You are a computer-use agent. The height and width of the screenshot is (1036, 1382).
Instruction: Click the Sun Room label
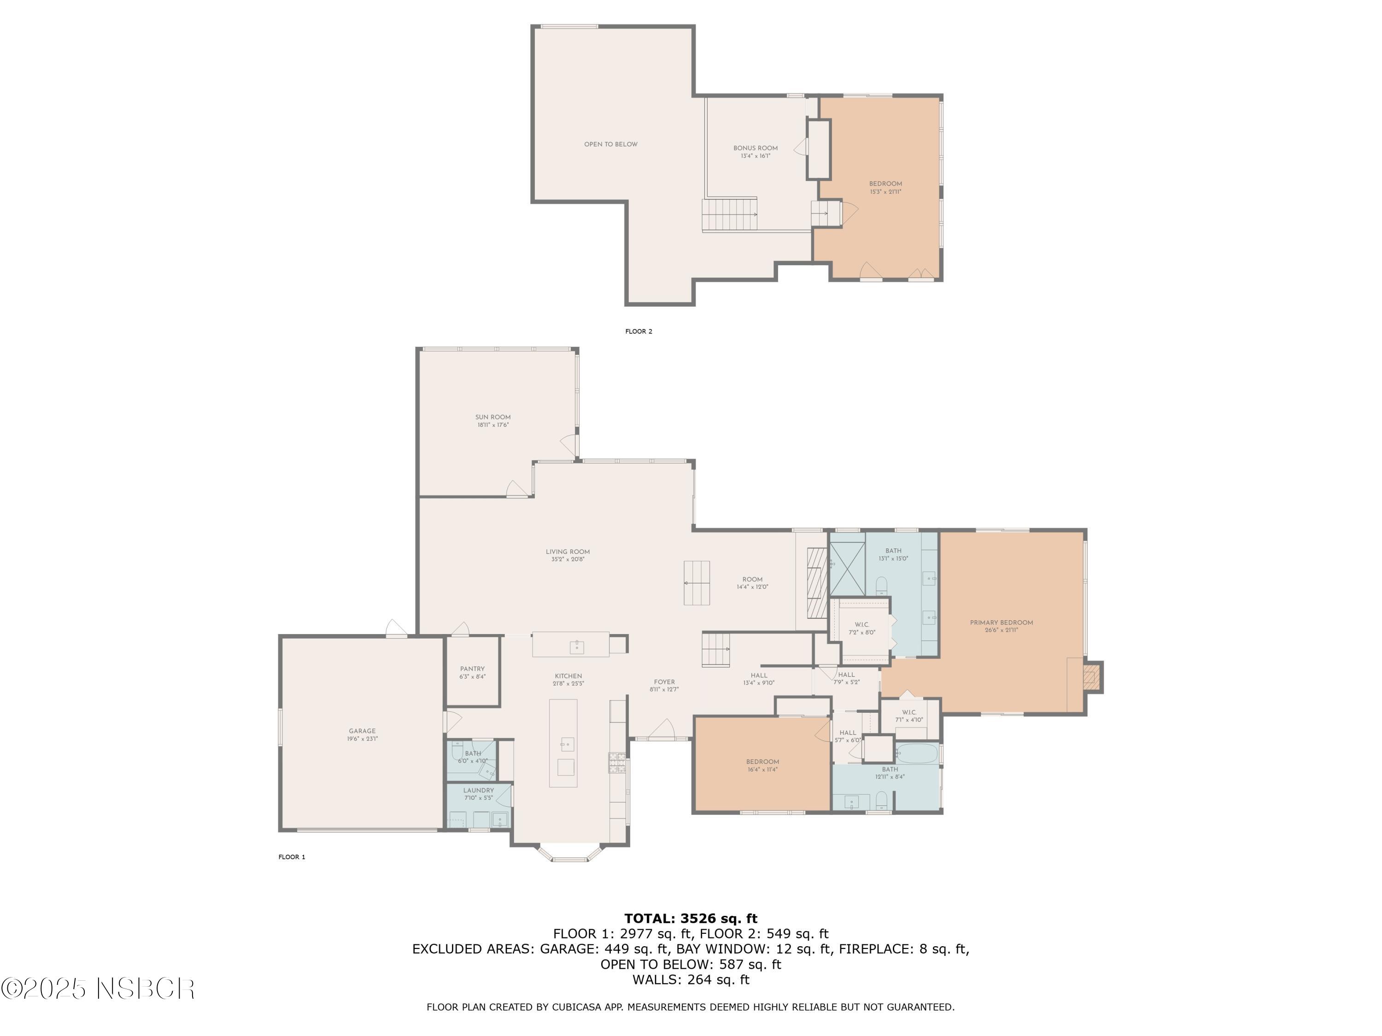[x=492, y=417]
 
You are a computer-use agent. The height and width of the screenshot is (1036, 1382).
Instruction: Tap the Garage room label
[x=363, y=731]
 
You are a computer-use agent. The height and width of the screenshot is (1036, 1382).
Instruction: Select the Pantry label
[x=472, y=669]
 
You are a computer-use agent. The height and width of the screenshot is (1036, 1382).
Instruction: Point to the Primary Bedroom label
[x=1001, y=623]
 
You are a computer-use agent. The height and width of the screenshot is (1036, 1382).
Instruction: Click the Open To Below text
[x=610, y=144]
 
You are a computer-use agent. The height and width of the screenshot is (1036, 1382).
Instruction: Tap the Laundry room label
[x=478, y=791]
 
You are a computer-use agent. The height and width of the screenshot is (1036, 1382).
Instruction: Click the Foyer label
[x=664, y=682]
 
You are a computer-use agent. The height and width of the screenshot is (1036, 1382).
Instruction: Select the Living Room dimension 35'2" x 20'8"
[x=567, y=559]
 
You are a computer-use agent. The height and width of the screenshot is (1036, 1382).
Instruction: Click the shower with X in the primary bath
[x=847, y=569]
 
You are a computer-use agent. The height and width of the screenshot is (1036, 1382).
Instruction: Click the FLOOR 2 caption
[x=638, y=332]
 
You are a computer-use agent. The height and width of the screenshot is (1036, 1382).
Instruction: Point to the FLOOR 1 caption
[x=292, y=857]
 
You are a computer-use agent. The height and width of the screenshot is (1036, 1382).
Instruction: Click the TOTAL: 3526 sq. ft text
[x=691, y=919]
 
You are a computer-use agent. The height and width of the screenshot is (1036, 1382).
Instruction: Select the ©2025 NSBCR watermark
[x=98, y=989]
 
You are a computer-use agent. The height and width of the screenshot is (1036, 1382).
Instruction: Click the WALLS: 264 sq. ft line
[x=691, y=980]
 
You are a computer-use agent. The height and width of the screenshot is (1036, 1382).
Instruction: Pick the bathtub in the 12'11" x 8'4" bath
[x=917, y=753]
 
